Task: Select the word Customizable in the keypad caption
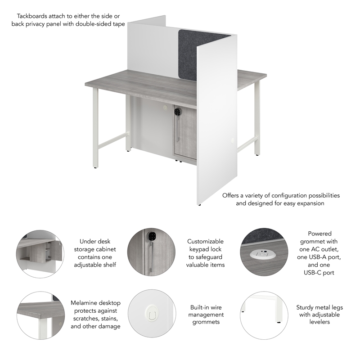click(205, 242)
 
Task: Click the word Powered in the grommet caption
click(319, 234)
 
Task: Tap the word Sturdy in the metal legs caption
click(306, 307)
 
